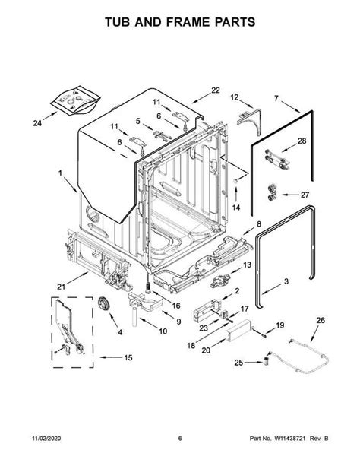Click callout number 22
click(x=215, y=90)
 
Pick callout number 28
click(x=301, y=142)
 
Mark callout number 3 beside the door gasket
click(x=286, y=282)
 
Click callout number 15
click(x=127, y=358)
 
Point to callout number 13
click(x=247, y=264)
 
